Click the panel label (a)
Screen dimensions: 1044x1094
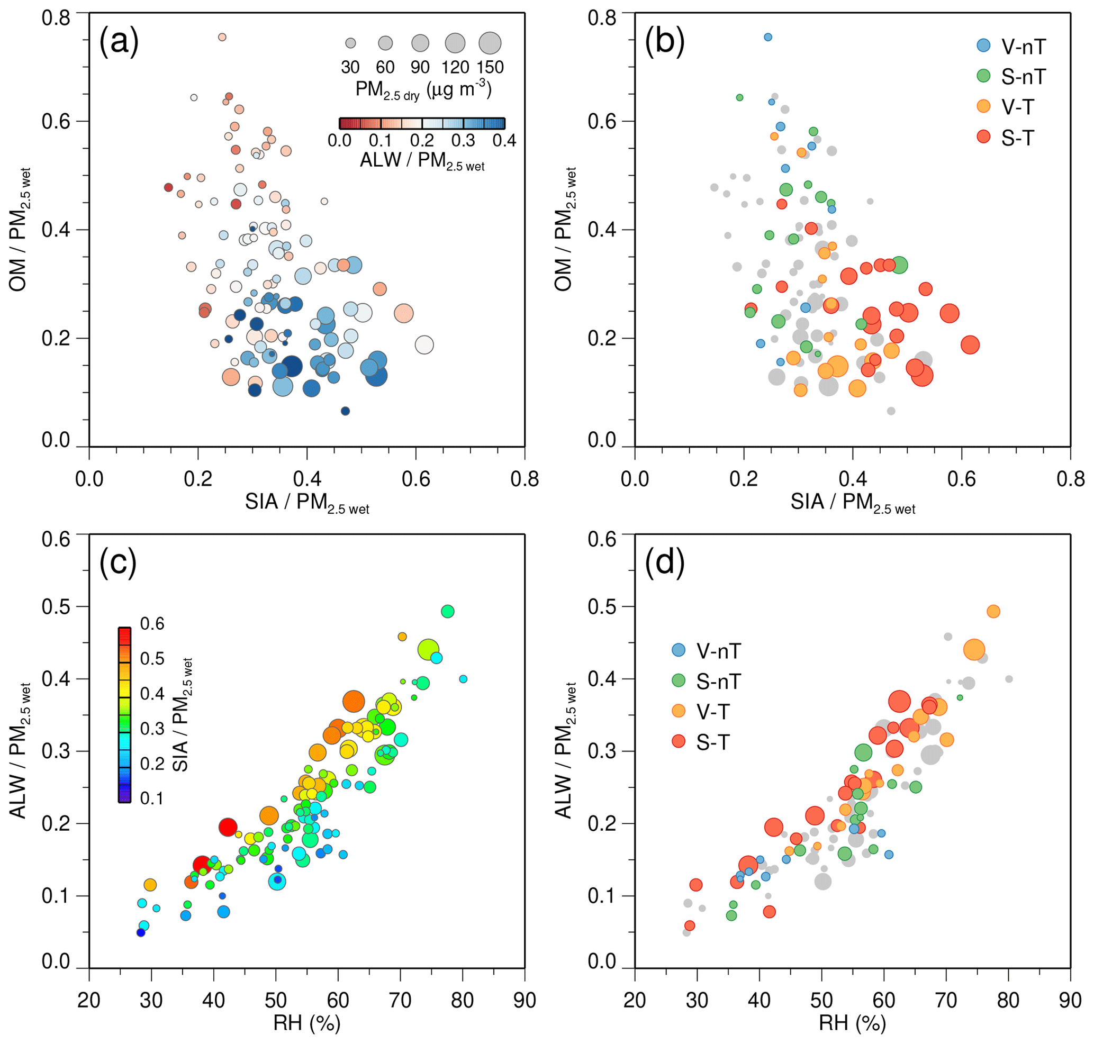click(x=119, y=42)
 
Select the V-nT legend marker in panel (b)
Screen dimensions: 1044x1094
click(x=983, y=46)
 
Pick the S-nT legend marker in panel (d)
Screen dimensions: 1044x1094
click(x=678, y=680)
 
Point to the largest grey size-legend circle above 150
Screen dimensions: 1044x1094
click(x=490, y=43)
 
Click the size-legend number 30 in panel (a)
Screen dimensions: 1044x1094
click(x=350, y=67)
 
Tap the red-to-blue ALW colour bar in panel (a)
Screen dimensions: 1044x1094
click(x=421, y=123)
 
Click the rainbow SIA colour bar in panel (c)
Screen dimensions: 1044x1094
click(x=124, y=715)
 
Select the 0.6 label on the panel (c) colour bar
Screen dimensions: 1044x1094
click(x=152, y=624)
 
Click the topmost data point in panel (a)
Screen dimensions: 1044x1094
click(x=222, y=37)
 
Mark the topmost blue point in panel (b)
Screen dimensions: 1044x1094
click(x=768, y=37)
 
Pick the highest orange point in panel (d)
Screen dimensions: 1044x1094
click(x=993, y=612)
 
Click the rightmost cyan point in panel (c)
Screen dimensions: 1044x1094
click(x=463, y=679)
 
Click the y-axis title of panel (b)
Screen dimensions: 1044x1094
click(x=565, y=229)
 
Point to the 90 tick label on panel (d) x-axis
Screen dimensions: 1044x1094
click(x=1070, y=1001)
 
